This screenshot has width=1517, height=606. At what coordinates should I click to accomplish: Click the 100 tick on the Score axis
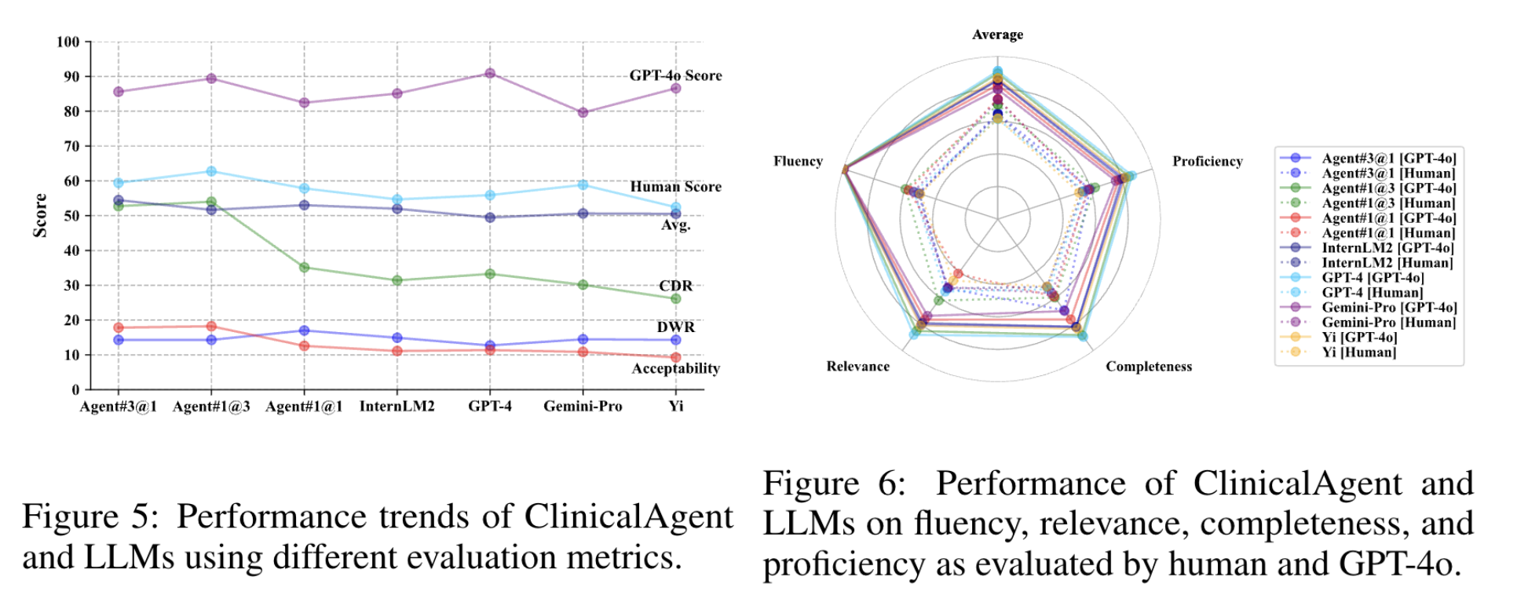[x=68, y=42]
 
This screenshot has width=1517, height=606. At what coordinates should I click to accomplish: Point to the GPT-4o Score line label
[x=675, y=75]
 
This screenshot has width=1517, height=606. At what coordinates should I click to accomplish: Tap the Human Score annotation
[x=675, y=187]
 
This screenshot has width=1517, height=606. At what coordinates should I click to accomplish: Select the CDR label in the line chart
[x=675, y=286]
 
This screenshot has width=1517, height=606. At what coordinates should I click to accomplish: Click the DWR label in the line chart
[x=675, y=327]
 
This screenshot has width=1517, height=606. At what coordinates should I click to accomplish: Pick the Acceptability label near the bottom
[x=675, y=368]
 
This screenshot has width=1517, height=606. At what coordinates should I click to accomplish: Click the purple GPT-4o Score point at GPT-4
[x=490, y=74]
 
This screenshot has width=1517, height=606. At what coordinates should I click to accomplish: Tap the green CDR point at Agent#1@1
[x=305, y=268]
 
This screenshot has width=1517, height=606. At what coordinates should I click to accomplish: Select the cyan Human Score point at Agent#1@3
[x=211, y=171]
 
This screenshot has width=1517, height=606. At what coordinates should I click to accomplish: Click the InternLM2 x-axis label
[x=397, y=407]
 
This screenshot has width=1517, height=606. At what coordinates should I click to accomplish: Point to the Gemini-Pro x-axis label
[x=583, y=407]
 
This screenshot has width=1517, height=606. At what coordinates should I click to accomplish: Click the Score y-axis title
[x=40, y=215]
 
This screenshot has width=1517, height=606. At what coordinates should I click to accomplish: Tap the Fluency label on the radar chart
[x=798, y=161]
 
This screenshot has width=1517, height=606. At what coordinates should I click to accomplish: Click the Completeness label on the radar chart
[x=1148, y=367]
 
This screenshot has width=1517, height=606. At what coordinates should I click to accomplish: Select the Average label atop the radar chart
[x=997, y=35]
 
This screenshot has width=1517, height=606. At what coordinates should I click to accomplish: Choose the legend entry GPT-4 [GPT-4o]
[x=1373, y=278]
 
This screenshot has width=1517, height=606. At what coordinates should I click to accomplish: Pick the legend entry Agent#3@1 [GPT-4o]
[x=1388, y=159]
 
